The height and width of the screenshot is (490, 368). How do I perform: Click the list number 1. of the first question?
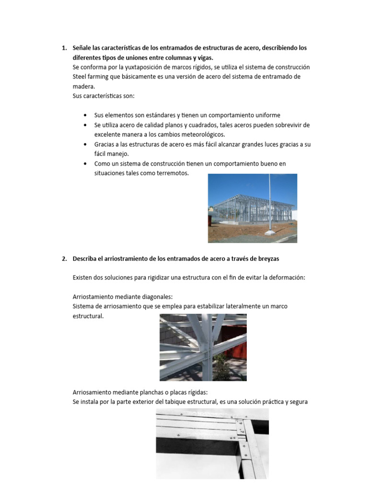tap(64, 48)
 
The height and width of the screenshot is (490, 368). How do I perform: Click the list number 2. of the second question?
tap(64, 258)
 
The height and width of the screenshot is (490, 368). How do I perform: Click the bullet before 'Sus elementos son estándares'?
tap(85, 115)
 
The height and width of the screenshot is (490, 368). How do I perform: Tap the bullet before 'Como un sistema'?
tap(85, 164)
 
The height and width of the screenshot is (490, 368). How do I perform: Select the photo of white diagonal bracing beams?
tap(203, 347)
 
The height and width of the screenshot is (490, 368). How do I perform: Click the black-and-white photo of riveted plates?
tap(212, 444)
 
